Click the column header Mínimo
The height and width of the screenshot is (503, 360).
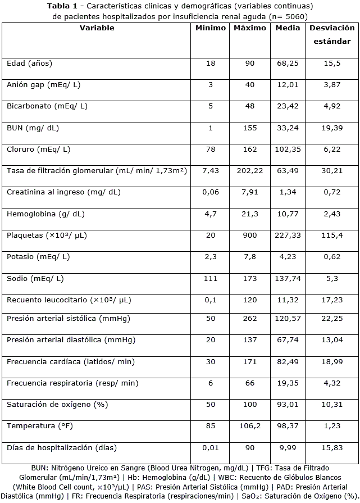tap(211, 28)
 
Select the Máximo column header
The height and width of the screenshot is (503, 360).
tap(250, 28)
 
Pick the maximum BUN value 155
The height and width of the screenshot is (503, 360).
tap(250, 128)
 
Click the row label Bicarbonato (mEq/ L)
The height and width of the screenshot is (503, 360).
tap(47, 106)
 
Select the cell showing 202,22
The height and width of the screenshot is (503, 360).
tap(250, 170)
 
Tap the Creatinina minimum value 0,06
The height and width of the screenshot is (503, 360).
tap(211, 192)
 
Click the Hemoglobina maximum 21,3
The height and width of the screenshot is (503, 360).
tap(250, 214)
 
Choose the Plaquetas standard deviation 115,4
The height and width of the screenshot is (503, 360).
tap(332, 235)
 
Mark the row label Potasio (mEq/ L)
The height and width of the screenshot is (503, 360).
tap(38, 257)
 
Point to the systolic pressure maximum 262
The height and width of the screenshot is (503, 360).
tap(250, 319)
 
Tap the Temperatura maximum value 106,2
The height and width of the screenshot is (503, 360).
tap(250, 425)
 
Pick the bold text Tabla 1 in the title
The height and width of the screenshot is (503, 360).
tap(63, 6)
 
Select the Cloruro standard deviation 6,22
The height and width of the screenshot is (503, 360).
tap(332, 149)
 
